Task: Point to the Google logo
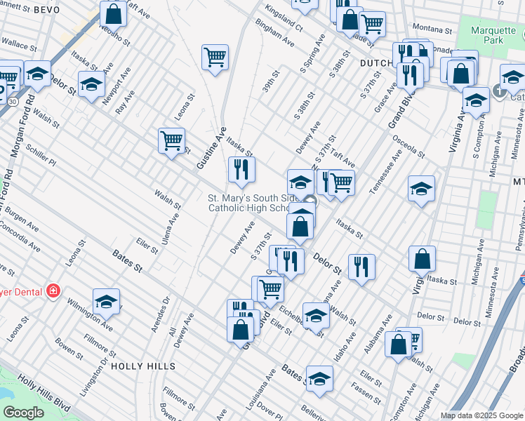point(23,412)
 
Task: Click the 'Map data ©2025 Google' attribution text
point(481,415)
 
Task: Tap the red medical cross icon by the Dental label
point(52,290)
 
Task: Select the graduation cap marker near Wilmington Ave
point(106,301)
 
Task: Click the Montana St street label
point(431,31)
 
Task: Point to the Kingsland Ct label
point(284,22)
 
